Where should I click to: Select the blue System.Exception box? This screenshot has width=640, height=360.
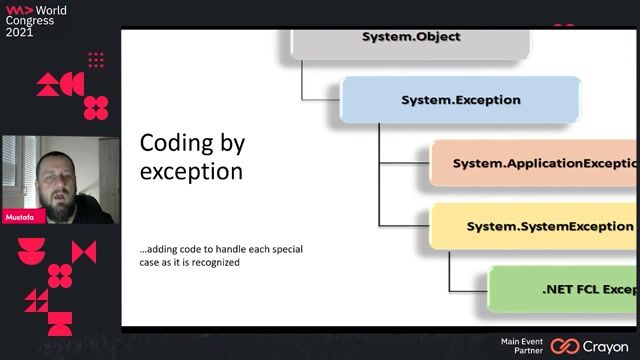(460, 100)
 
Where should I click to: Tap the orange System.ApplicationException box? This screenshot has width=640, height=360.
(535, 162)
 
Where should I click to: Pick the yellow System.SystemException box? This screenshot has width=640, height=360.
(535, 226)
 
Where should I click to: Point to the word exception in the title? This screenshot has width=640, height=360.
(190, 171)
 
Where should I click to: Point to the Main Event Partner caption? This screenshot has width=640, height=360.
(522, 346)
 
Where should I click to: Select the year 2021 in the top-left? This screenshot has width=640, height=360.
(20, 32)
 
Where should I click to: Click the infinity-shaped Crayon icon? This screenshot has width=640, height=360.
(565, 346)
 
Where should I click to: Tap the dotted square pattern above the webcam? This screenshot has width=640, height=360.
(96, 60)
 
